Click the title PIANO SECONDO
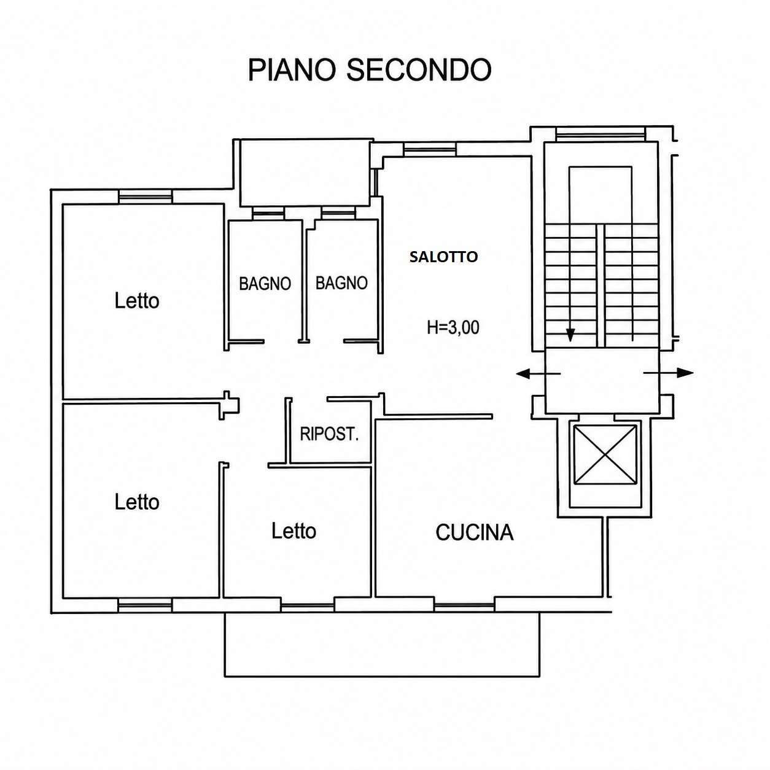tap(370, 70)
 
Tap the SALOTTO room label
tap(443, 257)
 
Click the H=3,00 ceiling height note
tap(453, 328)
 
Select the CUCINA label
tap(474, 532)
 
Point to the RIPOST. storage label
tap(329, 434)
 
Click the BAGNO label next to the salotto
tap(341, 283)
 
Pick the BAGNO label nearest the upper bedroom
tap(265, 284)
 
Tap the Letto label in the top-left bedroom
tap(137, 300)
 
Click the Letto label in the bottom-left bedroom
tap(137, 502)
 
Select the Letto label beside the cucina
tap(294, 531)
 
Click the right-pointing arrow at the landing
tap(668, 373)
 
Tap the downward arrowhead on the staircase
tap(570, 335)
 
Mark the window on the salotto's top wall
tap(430, 150)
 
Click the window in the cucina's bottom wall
tap(464, 607)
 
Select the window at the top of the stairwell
tap(601, 133)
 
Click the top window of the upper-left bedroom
tap(146, 196)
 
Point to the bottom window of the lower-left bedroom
tap(146, 605)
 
